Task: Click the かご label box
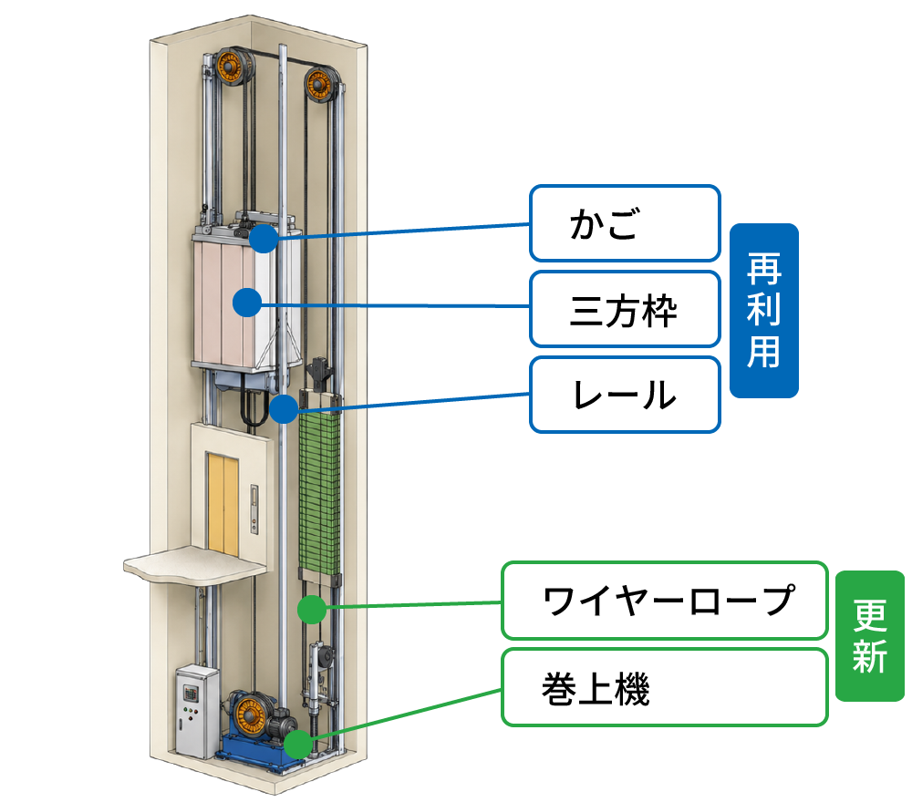pyautogui.click(x=625, y=223)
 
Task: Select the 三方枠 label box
pyautogui.click(x=625, y=309)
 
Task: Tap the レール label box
pyautogui.click(x=625, y=395)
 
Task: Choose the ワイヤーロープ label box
pyautogui.click(x=664, y=600)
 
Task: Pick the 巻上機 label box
pyautogui.click(x=664, y=687)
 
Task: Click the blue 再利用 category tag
pyautogui.click(x=763, y=311)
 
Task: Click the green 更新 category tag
pyautogui.click(x=869, y=636)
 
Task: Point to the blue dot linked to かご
pyautogui.click(x=264, y=238)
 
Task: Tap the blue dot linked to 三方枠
pyautogui.click(x=247, y=303)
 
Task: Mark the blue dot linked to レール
pyautogui.click(x=284, y=409)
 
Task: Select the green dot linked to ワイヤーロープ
pyautogui.click(x=312, y=610)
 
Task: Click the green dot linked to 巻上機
pyautogui.click(x=298, y=745)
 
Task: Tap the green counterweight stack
pyautogui.click(x=319, y=491)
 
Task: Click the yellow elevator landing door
pyautogui.click(x=223, y=504)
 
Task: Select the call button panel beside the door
pyautogui.click(x=254, y=509)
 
